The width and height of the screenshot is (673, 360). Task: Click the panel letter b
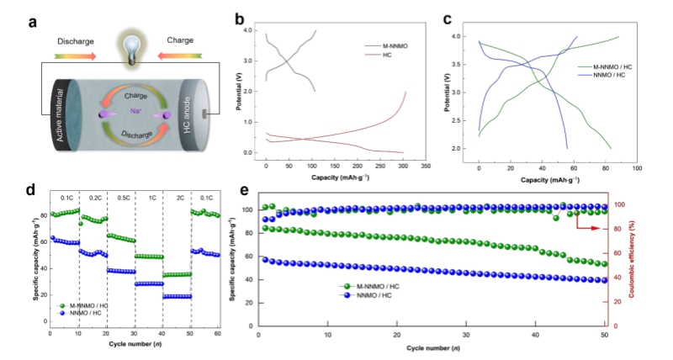240,18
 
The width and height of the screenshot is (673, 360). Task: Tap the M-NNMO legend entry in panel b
386,45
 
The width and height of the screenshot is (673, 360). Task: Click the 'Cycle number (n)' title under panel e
434,347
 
